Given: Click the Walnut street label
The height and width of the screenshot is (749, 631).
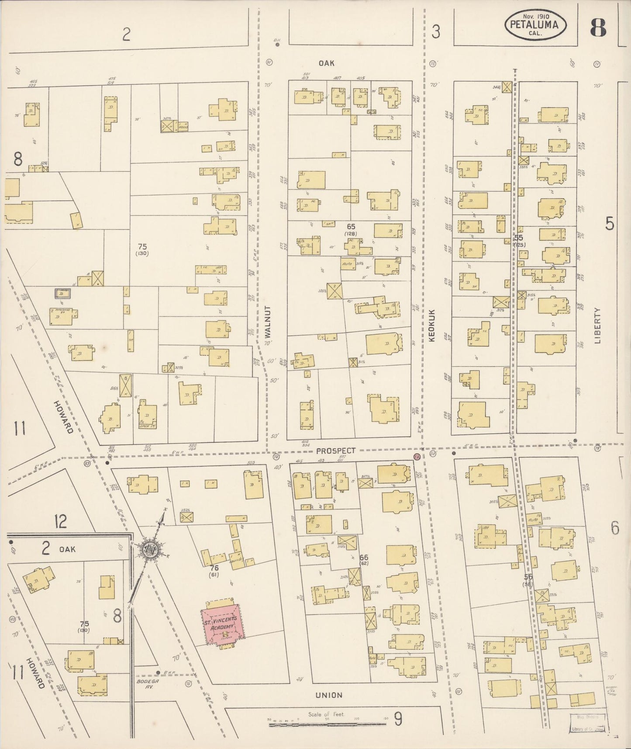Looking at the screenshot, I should (268, 322).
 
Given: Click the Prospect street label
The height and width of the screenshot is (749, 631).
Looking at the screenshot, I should (336, 451).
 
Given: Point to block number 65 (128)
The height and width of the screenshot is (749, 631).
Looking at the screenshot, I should (351, 229).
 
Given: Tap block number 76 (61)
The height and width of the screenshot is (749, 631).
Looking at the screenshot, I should (214, 571).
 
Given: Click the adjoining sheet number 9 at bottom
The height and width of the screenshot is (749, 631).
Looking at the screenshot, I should (398, 719).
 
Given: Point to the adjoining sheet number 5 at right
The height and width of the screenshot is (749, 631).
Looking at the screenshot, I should (610, 224).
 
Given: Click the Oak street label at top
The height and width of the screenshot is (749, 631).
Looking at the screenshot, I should (326, 63).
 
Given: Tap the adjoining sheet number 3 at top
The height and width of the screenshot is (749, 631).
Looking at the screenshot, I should (435, 32).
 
